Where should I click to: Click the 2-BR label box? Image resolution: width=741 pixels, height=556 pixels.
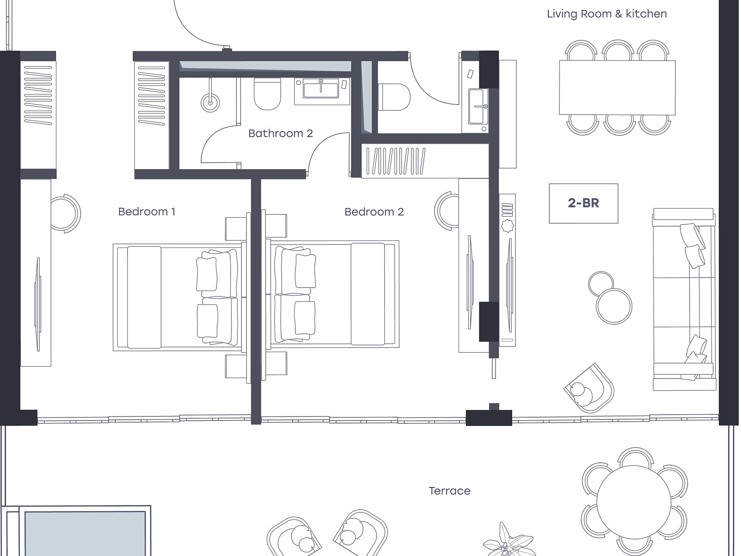[584, 203]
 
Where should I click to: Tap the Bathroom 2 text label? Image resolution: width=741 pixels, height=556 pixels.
[281, 133]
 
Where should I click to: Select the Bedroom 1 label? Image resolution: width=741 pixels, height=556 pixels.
[146, 212]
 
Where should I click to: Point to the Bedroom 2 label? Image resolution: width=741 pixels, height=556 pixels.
[374, 212]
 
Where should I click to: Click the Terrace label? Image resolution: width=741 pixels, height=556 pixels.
[449, 491]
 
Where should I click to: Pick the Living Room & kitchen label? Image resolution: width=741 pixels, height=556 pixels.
[607, 14]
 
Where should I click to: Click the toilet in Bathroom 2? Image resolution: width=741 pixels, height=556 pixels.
[267, 94]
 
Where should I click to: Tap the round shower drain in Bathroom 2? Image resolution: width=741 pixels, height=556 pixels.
[210, 102]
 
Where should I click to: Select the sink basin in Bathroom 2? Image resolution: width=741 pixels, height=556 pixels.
[320, 89]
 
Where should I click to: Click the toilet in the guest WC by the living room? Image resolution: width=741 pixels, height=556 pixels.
[394, 97]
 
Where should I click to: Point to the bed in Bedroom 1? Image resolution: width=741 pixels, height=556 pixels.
[177, 297]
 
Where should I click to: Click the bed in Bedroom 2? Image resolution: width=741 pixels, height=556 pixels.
[334, 294]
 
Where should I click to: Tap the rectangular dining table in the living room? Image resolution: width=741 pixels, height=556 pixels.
[617, 88]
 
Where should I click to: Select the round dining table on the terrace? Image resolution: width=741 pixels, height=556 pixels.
[634, 502]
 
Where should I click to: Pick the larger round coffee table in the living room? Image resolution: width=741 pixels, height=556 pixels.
[614, 307]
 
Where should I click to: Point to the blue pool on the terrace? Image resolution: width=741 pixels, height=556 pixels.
[85, 533]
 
